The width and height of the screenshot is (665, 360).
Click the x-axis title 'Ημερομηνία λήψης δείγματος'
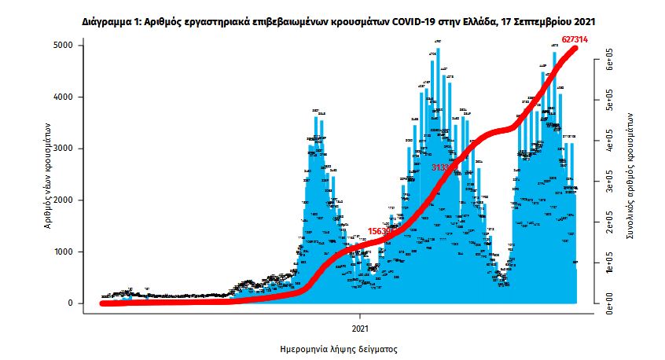[x=337, y=347]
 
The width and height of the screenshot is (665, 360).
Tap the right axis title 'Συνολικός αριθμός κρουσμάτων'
[x=630, y=174]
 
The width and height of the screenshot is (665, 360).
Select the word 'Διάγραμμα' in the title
[x=109, y=17]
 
